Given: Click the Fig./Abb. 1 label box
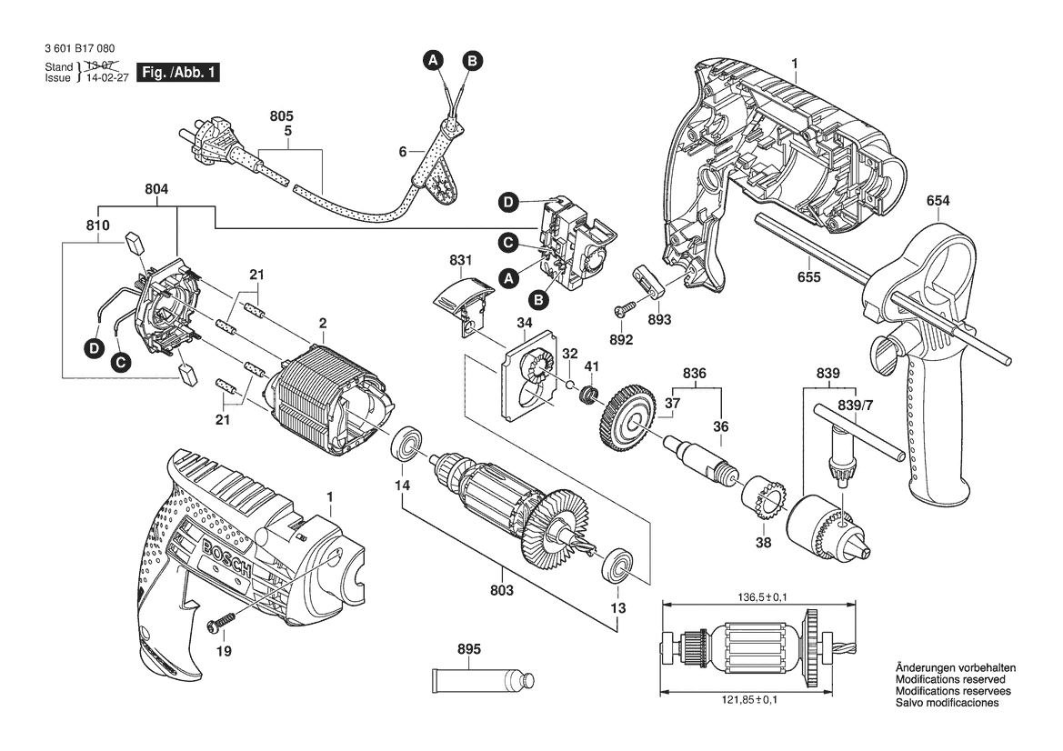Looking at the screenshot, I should [177, 72].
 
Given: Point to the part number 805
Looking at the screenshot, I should [282, 117].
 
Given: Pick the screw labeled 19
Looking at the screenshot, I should [222, 622].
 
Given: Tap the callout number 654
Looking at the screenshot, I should [939, 202].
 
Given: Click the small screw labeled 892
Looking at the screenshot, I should [622, 310].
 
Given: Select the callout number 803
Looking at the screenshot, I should [501, 590].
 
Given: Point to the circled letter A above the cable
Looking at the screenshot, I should [434, 60].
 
